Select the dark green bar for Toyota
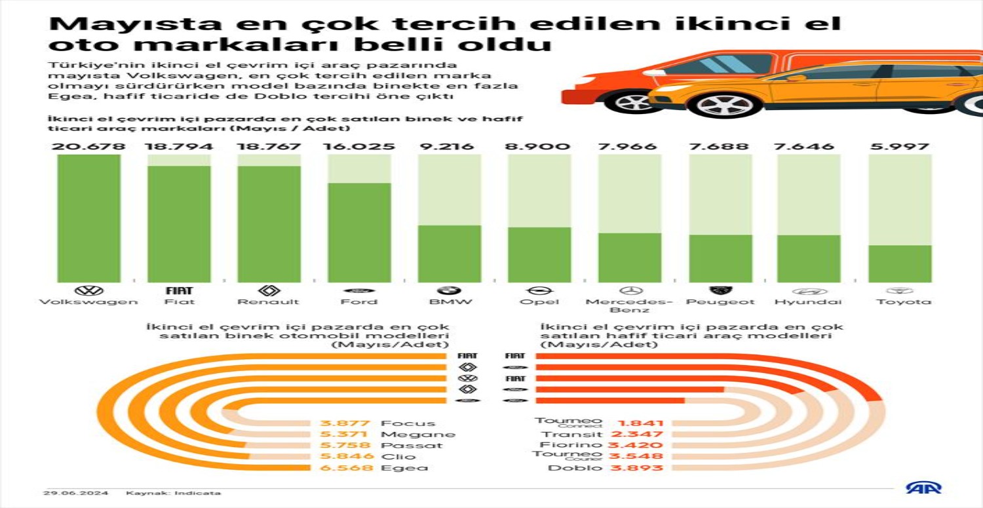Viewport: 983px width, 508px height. [900, 264]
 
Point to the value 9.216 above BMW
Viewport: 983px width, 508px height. [449, 146]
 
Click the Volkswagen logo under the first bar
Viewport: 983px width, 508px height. [89, 290]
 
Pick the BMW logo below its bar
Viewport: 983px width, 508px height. [449, 290]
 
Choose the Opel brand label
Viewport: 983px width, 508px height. [540, 302]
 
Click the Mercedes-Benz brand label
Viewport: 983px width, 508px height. [630, 305]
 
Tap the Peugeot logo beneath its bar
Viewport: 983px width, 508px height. [720, 290]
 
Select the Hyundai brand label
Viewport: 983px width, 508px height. [808, 302]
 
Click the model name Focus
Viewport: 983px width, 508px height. [408, 423]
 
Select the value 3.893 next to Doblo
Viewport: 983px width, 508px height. [637, 468]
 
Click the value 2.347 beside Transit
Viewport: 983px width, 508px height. [637, 434]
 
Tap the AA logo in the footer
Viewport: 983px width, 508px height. [923, 488]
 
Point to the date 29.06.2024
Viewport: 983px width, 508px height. [76, 493]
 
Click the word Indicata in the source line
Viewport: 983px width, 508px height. [202, 493]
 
